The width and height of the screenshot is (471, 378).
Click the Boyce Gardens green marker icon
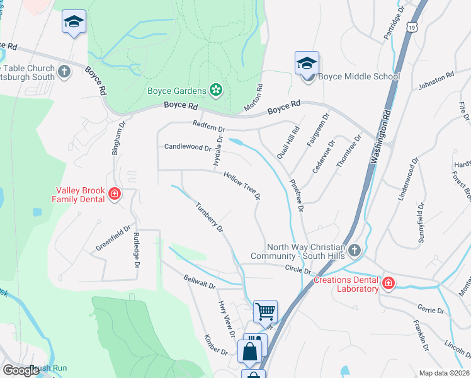(216, 90)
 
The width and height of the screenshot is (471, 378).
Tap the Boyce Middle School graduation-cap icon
(307, 63)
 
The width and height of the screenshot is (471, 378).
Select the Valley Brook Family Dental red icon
(115, 193)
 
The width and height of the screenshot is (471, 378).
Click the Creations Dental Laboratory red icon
(388, 283)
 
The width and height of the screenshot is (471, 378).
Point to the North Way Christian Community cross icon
(355, 251)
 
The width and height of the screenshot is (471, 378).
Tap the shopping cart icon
(265, 311)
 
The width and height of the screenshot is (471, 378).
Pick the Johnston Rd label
(436, 79)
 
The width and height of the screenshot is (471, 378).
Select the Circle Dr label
(298, 269)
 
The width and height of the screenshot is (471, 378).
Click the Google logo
(21, 370)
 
